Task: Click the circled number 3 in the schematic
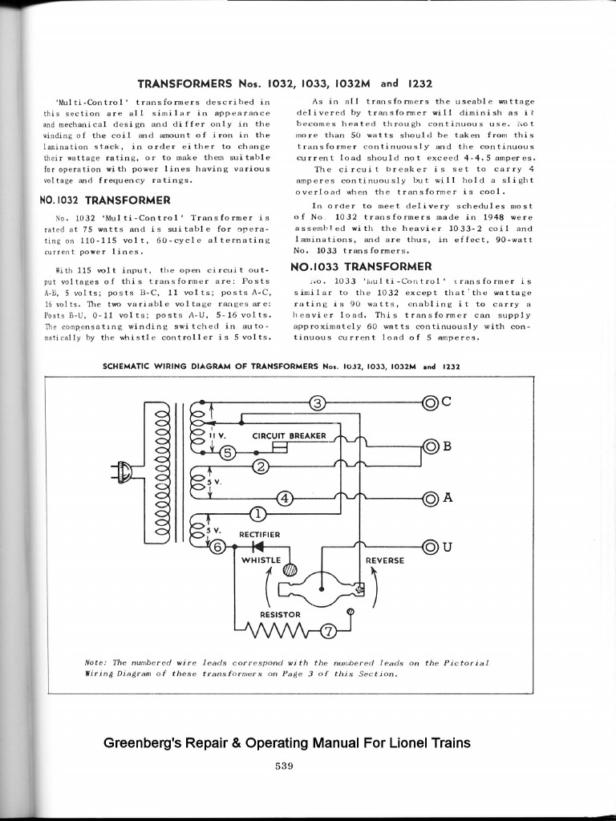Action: pyautogui.click(x=318, y=402)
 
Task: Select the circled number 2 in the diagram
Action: pyautogui.click(x=259, y=467)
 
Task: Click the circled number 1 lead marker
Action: pyautogui.click(x=258, y=513)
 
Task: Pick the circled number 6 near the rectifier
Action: pyautogui.click(x=217, y=548)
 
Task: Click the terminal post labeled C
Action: pyautogui.click(x=431, y=402)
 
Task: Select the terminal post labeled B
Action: pyautogui.click(x=431, y=447)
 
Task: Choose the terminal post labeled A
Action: pyautogui.click(x=431, y=498)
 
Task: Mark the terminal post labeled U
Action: pyautogui.click(x=431, y=548)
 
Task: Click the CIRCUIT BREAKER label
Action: pyautogui.click(x=289, y=435)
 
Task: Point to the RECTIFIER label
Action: pyautogui.click(x=259, y=534)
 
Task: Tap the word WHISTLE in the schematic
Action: pyautogui.click(x=261, y=560)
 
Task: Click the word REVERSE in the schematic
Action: pyautogui.click(x=385, y=560)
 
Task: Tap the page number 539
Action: pyautogui.click(x=284, y=766)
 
